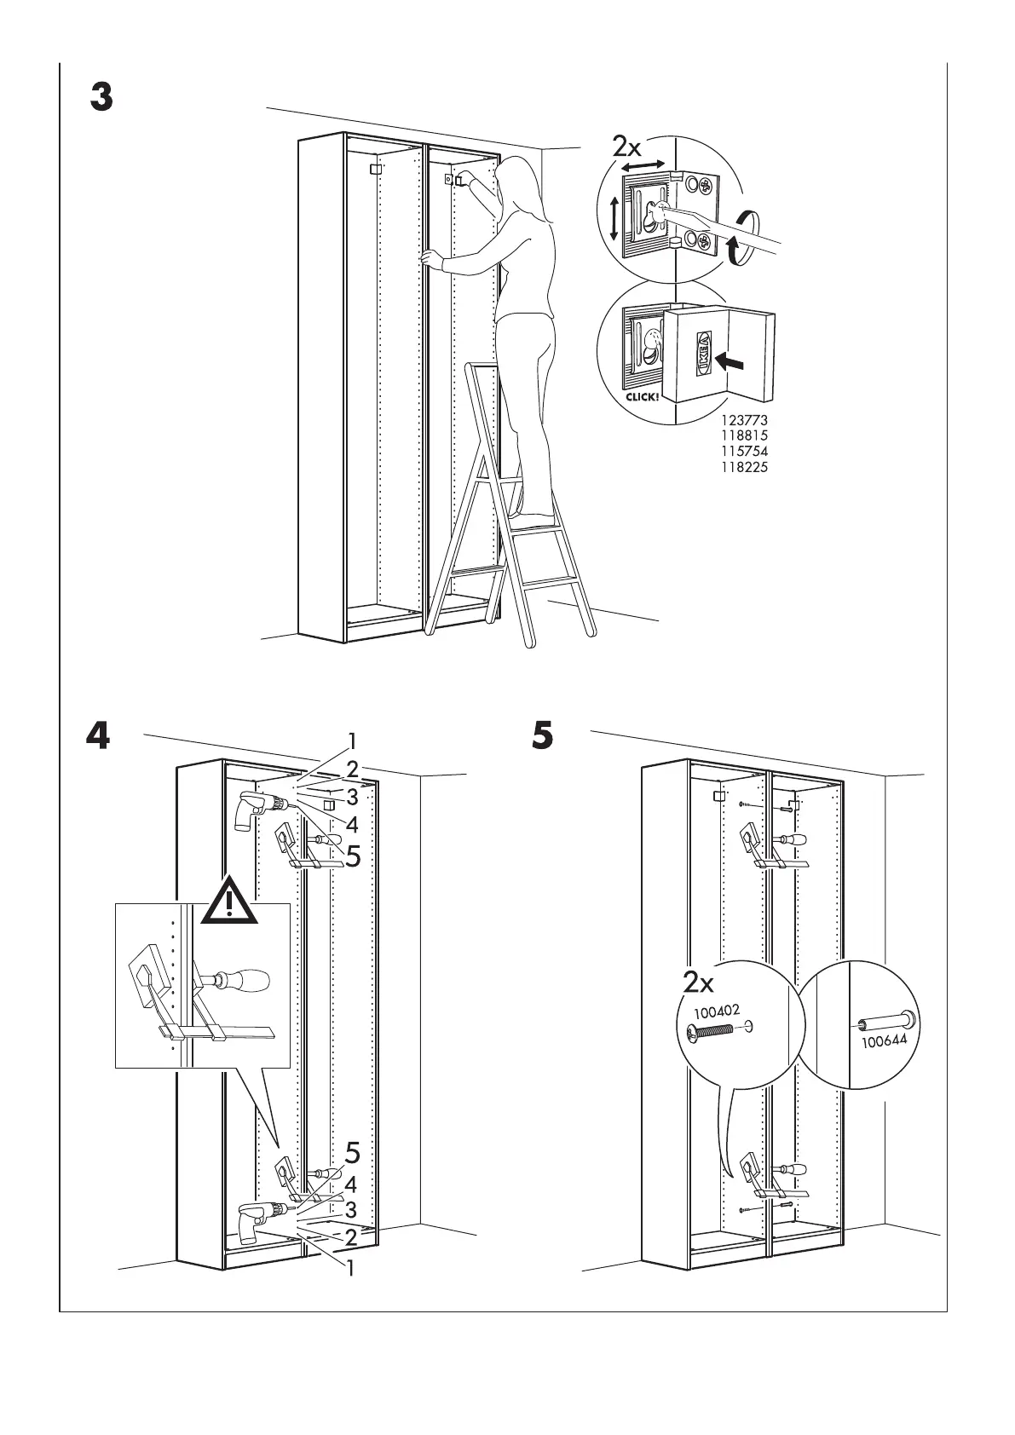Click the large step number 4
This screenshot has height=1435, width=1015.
pyautogui.click(x=99, y=736)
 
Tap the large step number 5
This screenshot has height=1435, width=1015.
pyautogui.click(x=542, y=735)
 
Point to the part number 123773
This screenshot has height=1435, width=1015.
pyautogui.click(x=745, y=420)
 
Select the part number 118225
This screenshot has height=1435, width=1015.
pyautogui.click(x=745, y=467)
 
